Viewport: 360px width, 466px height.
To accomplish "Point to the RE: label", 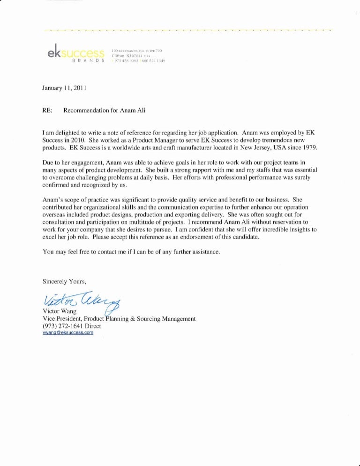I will click(x=47, y=111).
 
